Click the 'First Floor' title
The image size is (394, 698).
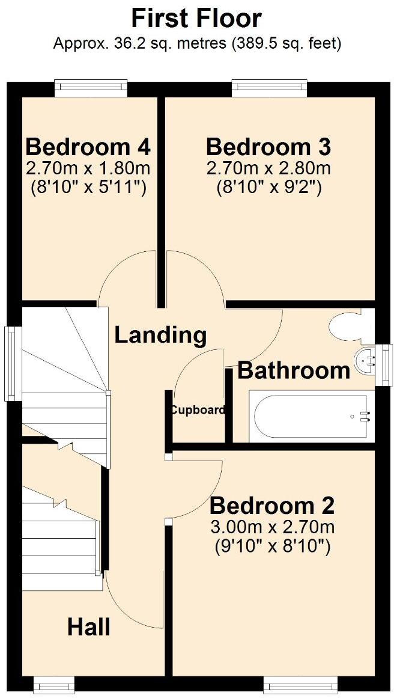click(196, 18)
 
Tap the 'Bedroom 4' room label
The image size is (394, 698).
click(88, 146)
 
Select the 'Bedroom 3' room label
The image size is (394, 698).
click(268, 146)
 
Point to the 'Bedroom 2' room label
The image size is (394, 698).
click(271, 506)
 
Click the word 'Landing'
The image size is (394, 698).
click(160, 335)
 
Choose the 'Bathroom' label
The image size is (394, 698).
click(294, 370)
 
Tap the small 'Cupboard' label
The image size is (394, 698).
click(198, 411)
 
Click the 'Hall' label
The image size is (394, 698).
click(88, 627)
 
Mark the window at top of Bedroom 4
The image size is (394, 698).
click(91, 88)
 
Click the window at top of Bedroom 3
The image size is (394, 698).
click(270, 88)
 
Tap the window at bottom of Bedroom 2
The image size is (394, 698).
click(300, 684)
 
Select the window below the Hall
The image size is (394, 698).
click(54, 684)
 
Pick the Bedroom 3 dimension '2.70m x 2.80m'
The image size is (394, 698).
click(268, 168)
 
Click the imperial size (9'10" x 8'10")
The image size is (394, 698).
click(271, 546)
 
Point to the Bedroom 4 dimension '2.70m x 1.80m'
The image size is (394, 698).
click(88, 168)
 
